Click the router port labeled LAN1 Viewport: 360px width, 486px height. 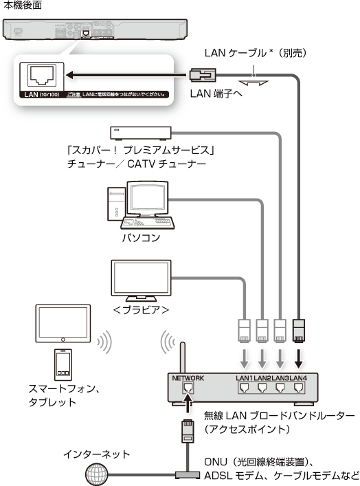245,388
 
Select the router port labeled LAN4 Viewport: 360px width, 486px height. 298,388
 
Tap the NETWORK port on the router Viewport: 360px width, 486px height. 188,388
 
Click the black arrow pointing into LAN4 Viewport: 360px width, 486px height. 298,359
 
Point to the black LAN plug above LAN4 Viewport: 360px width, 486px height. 299,331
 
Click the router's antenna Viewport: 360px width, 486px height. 183,357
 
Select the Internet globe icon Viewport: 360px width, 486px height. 97,474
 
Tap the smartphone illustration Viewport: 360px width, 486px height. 63,365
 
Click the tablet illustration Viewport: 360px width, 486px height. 63,323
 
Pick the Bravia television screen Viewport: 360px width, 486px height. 141,278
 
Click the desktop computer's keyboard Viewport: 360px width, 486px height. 148,222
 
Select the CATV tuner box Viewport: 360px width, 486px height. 141,133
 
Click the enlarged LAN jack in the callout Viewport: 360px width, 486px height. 42,76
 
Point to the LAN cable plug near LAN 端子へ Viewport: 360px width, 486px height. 203,75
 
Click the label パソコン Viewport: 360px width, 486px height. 141,237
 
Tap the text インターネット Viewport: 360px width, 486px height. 96,454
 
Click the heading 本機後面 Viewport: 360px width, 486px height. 22,5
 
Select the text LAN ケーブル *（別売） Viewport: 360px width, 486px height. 256,53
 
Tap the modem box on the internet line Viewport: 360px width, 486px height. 188,474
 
